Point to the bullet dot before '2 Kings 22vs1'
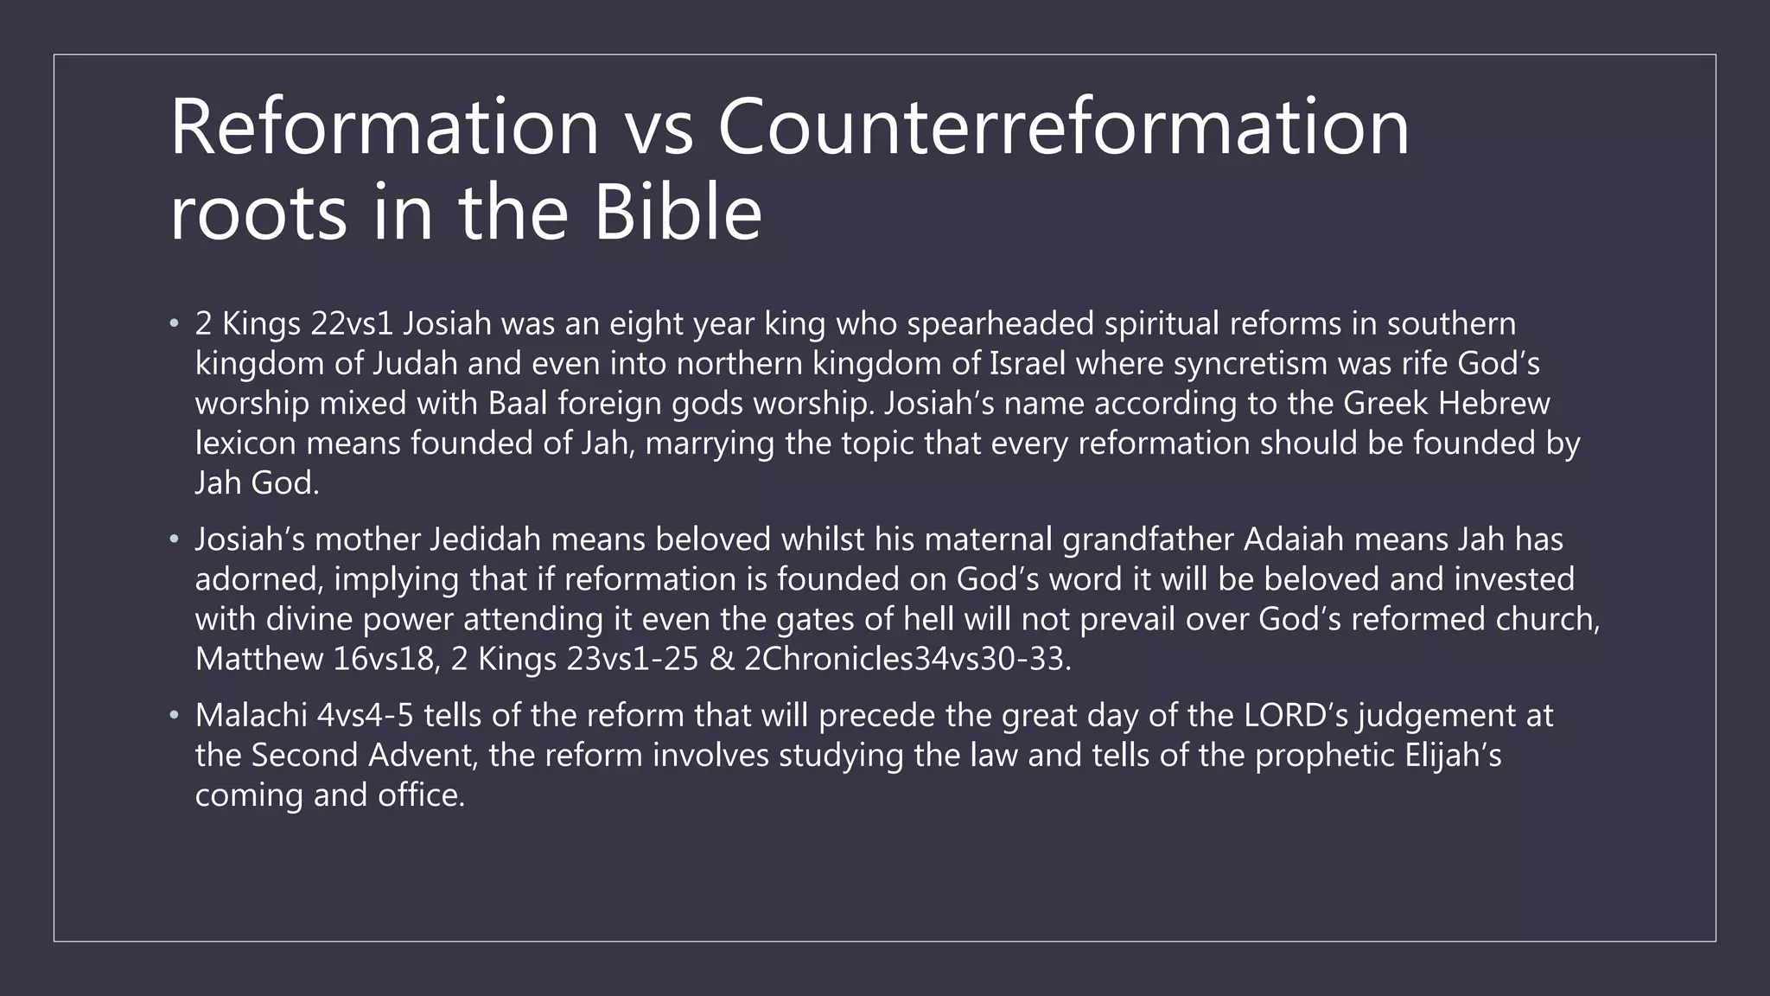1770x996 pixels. (174, 324)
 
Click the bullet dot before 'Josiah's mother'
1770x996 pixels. (174, 539)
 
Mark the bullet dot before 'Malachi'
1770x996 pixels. (174, 716)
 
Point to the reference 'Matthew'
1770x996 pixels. (258, 659)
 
